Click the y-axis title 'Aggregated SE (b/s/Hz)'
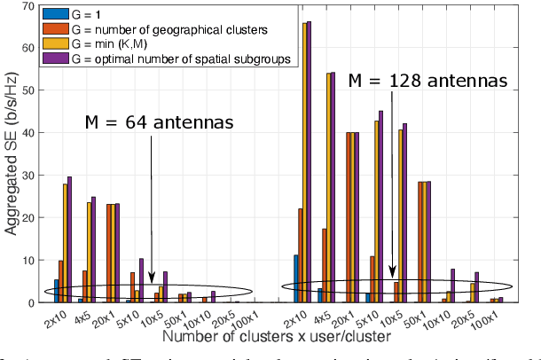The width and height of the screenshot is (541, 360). point(12,153)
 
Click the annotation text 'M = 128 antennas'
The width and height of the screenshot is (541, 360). point(427,81)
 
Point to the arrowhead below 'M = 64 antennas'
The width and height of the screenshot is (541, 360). point(152,279)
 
